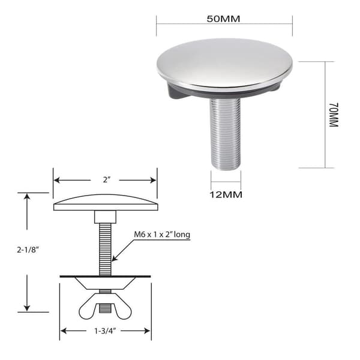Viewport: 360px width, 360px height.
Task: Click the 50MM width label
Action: point(223,19)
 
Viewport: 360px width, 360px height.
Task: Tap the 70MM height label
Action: point(334,115)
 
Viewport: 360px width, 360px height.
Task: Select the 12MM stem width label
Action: point(226,194)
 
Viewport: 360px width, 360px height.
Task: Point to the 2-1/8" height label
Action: point(28,250)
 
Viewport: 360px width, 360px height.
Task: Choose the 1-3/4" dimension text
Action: point(104,331)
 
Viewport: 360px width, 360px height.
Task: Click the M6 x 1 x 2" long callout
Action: point(162,235)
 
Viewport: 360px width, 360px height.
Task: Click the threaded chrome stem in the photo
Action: point(226,132)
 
